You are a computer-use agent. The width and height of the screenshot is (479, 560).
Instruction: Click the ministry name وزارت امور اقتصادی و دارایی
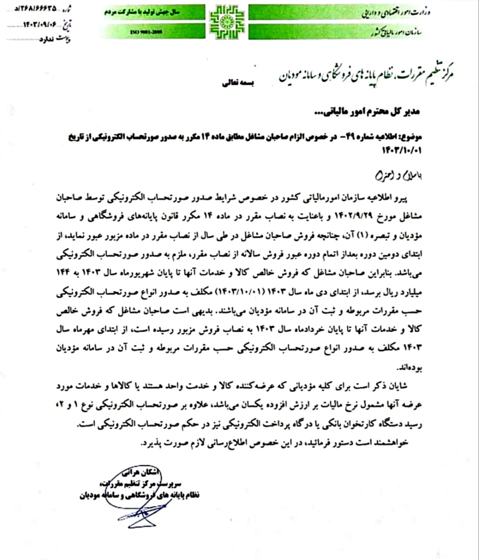tap(409, 11)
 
